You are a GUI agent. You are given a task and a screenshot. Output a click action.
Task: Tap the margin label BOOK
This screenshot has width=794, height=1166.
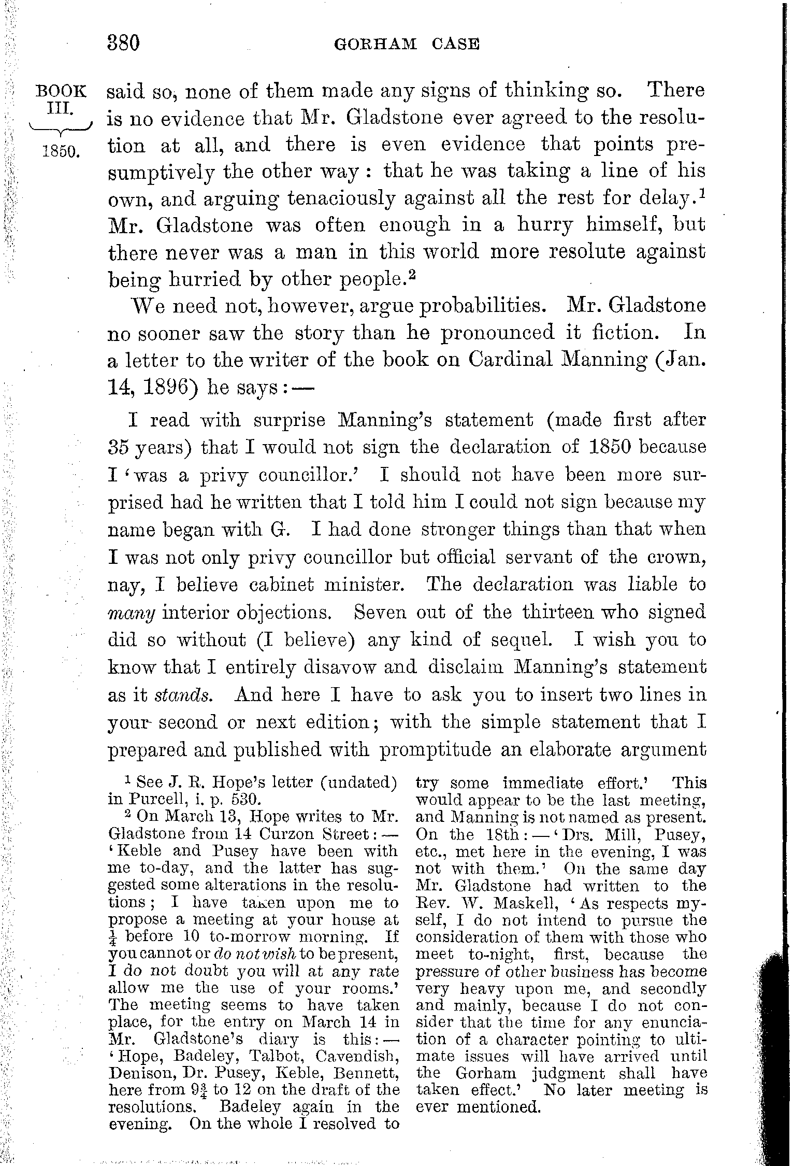click(61, 91)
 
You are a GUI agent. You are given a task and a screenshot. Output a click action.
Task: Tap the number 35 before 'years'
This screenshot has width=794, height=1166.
click(119, 447)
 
